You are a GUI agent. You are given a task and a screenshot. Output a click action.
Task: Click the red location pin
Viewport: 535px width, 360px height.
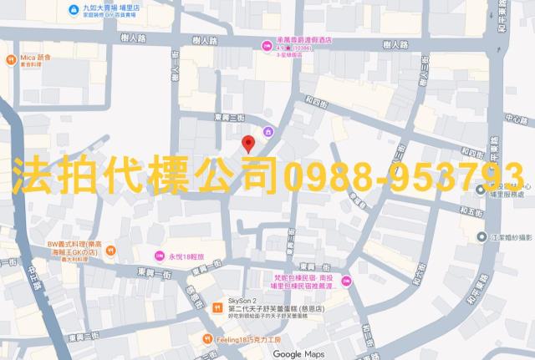pos(247,144)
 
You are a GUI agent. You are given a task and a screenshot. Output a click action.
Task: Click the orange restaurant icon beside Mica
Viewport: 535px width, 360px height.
pos(10,60)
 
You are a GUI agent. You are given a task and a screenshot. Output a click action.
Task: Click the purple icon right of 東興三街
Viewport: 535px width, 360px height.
pos(268,132)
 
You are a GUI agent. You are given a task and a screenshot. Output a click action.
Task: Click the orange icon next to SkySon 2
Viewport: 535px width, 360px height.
pos(218,306)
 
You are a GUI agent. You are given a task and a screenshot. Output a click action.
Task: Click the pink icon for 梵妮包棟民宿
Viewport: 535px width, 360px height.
pos(345,286)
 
